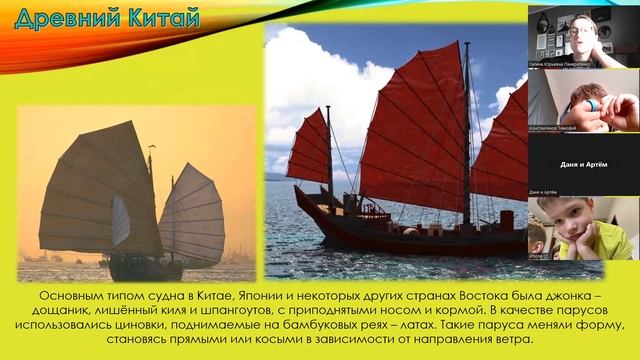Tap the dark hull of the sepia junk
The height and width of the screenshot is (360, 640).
pos(140,267)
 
